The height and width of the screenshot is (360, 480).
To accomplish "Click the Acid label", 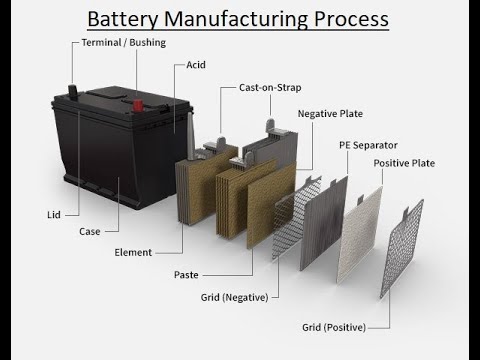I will tap(197, 65).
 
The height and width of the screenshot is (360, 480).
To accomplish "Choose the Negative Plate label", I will tap(329, 114).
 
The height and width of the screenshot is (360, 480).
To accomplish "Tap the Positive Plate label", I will tap(404, 162).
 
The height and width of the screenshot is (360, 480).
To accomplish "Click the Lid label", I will tap(54, 214).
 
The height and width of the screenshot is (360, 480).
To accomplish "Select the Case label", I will tap(90, 231).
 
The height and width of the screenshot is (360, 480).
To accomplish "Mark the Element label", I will tap(133, 252).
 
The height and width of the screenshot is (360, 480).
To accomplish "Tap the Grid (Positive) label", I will tap(334, 327).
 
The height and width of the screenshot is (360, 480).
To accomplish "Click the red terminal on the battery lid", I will tap(73, 91).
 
